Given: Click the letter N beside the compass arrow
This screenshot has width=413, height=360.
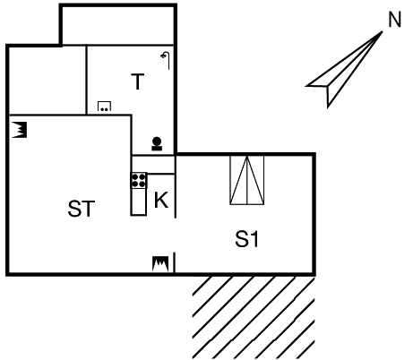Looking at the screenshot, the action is click(395, 21).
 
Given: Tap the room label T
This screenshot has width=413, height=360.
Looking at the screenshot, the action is click(138, 81).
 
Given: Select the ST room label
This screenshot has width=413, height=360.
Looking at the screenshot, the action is click(82, 209).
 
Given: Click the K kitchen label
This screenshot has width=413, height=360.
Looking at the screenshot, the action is click(161, 200).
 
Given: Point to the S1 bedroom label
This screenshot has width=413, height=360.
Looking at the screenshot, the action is click(246, 239).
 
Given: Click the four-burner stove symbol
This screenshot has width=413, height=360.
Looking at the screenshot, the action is click(139, 181).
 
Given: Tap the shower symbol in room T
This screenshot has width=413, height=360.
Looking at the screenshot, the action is click(166, 60).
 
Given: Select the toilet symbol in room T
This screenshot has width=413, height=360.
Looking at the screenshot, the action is click(157, 143).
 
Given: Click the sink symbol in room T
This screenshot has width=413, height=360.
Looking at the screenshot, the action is click(104, 107).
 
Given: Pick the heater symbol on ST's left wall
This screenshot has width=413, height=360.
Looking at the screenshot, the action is click(20, 130).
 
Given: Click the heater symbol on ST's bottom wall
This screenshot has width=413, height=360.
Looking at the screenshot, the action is click(160, 263).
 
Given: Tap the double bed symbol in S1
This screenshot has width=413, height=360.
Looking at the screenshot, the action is click(247, 180).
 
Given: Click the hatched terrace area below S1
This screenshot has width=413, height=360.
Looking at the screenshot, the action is click(254, 318).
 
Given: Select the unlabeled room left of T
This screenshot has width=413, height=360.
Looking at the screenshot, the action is click(47, 80).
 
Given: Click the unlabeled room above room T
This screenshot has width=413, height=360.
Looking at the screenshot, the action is click(118, 26).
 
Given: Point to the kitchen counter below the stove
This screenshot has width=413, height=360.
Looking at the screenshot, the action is click(139, 201).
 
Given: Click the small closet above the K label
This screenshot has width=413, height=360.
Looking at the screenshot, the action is click(153, 165).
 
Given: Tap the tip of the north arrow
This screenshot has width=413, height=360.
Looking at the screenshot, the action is click(383, 31).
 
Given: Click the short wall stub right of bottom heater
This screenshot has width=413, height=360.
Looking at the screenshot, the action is click(175, 261).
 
